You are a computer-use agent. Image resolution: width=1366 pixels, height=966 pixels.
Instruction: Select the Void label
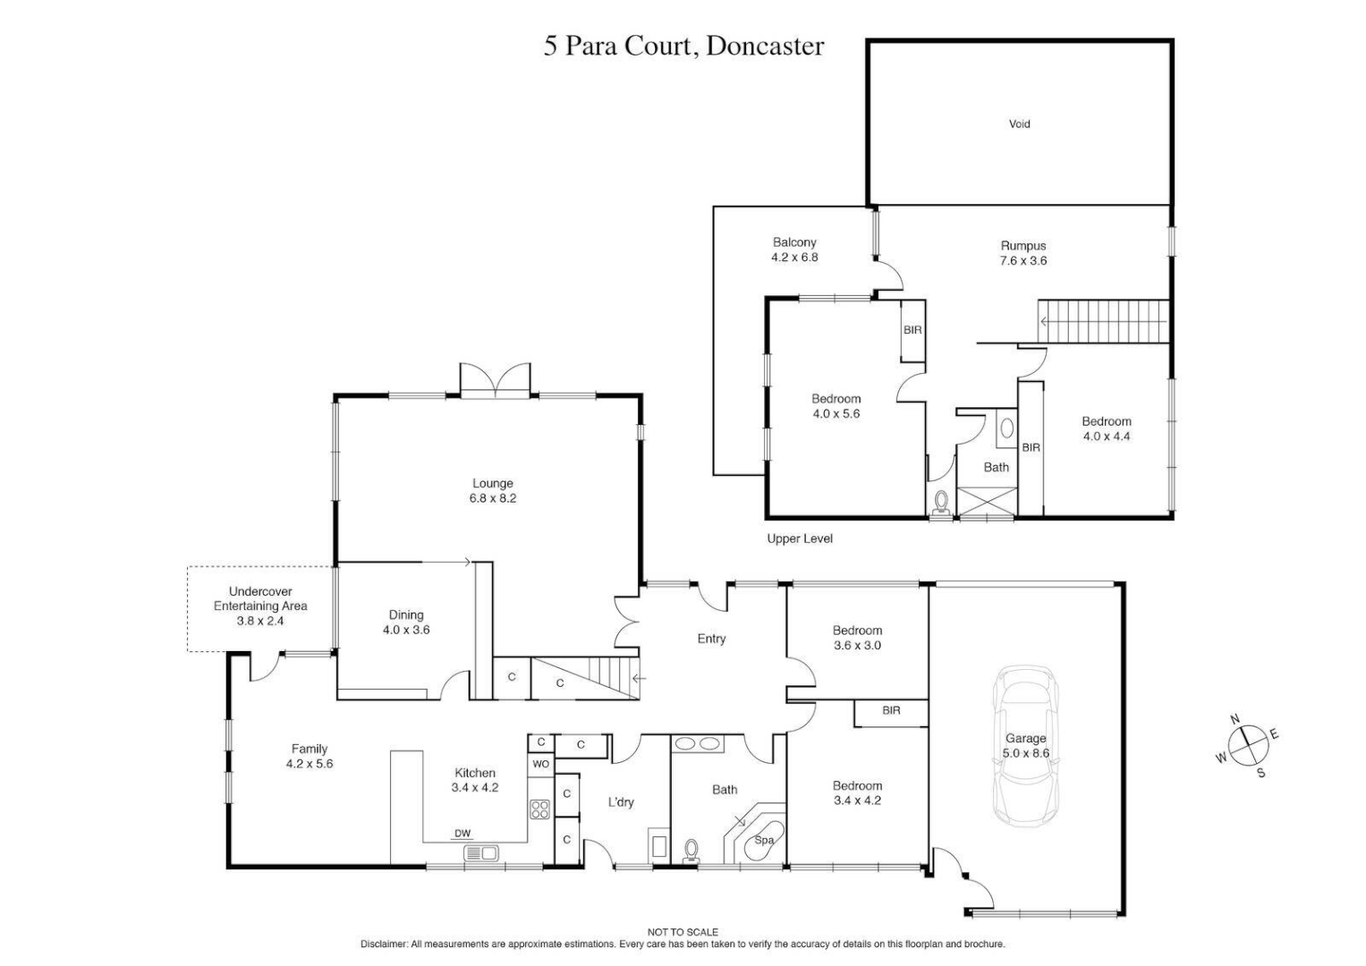tap(1019, 124)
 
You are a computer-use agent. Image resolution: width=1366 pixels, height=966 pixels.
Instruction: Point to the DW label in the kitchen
tap(462, 834)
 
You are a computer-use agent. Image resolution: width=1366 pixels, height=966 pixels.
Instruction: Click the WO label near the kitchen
tap(540, 764)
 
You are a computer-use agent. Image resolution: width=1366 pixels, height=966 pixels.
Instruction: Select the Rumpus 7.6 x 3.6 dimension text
tap(1023, 261)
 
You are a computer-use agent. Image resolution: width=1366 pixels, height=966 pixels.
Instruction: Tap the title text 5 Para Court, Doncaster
tap(683, 47)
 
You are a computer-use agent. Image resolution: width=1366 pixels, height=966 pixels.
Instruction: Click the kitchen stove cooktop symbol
tap(539, 809)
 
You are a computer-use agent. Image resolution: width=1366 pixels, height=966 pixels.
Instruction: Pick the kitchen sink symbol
tap(480, 853)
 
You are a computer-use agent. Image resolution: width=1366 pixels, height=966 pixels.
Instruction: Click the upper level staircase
tap(1104, 321)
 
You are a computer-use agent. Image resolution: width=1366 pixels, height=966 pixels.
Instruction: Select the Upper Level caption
tap(800, 538)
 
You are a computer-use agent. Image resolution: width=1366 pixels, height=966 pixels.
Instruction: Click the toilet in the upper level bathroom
tap(940, 503)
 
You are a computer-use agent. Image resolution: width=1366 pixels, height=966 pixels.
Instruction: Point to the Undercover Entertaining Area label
tap(260, 606)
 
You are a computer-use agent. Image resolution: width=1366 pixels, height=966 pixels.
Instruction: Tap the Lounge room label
tap(493, 483)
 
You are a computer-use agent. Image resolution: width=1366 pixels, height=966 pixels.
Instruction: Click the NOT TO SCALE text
tap(683, 932)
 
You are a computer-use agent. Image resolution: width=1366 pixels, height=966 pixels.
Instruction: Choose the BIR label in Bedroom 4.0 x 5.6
tap(912, 330)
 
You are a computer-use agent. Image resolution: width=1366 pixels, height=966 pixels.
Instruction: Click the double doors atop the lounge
tap(495, 379)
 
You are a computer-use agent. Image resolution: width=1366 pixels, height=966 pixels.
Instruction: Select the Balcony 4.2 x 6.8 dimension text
tap(794, 258)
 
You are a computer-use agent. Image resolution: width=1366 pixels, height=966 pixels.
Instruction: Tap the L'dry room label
tap(621, 802)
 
